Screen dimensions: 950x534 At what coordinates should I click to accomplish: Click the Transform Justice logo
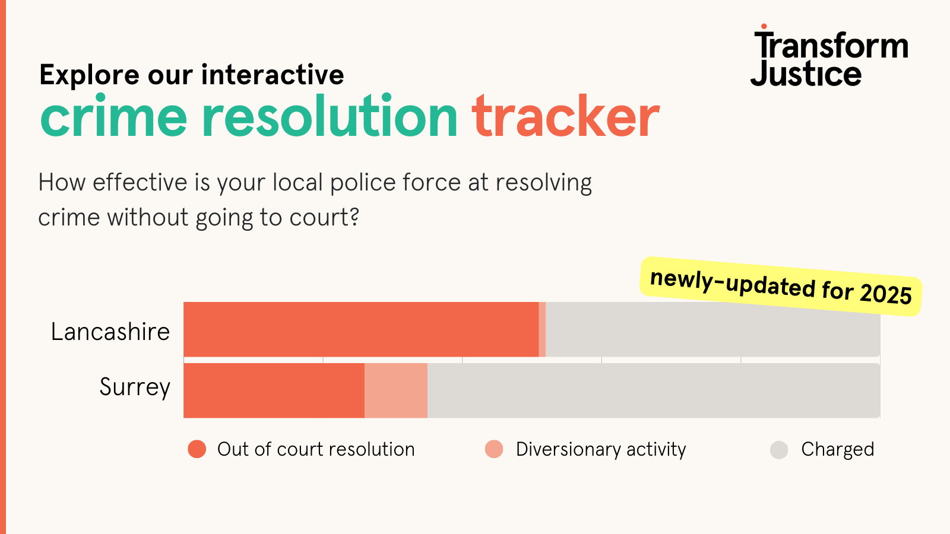point(829,55)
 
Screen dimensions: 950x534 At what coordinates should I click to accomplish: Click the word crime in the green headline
point(113,115)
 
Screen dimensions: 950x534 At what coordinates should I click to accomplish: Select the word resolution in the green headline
point(330,115)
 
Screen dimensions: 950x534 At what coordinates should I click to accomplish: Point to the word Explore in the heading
point(89,75)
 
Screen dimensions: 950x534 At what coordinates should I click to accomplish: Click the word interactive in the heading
point(273,74)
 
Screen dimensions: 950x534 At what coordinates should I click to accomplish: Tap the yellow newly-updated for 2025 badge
point(781,287)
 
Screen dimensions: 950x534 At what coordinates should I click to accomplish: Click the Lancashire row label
point(110,332)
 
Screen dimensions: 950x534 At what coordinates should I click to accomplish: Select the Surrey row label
point(135,387)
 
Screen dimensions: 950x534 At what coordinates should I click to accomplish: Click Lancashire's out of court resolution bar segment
point(361,329)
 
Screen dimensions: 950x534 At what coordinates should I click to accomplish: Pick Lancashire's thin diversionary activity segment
point(542,329)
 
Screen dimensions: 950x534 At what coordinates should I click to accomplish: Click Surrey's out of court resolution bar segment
point(274,390)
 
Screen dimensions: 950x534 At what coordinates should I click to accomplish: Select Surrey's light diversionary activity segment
point(396,390)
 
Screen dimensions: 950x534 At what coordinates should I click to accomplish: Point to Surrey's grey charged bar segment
point(654,390)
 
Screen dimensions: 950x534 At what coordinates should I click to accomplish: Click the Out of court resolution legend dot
point(197,449)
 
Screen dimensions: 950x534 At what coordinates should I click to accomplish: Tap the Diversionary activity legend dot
point(494,449)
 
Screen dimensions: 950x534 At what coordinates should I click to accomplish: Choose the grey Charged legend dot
point(779,450)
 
